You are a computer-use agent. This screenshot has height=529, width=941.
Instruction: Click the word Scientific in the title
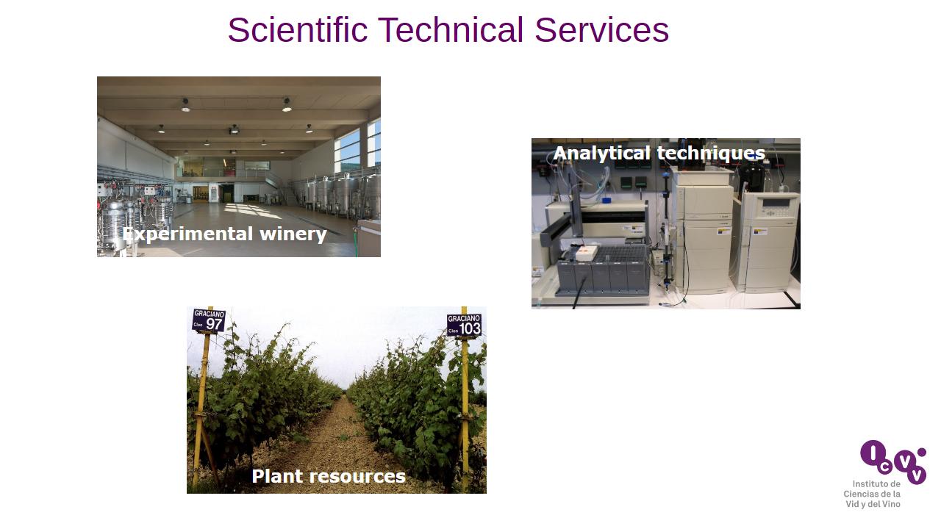(298, 30)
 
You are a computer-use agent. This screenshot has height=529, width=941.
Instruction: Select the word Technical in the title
(451, 30)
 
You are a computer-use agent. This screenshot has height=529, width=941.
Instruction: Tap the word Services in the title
(601, 30)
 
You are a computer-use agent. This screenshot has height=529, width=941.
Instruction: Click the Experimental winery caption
(225, 234)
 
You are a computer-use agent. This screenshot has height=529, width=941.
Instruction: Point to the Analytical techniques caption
(659, 153)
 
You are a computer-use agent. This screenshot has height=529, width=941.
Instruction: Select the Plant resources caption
(329, 476)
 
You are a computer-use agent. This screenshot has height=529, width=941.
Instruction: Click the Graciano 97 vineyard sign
(209, 321)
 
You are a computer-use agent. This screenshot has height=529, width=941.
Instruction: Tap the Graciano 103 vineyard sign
(464, 325)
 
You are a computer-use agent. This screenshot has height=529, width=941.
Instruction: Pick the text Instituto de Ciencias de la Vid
(872, 494)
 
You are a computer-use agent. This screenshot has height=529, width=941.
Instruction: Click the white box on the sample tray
(587, 252)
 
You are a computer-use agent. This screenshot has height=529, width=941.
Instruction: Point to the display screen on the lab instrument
(776, 203)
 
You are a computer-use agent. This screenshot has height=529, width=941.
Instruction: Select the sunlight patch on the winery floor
(252, 211)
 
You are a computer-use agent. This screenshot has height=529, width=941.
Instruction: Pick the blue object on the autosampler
(607, 200)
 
